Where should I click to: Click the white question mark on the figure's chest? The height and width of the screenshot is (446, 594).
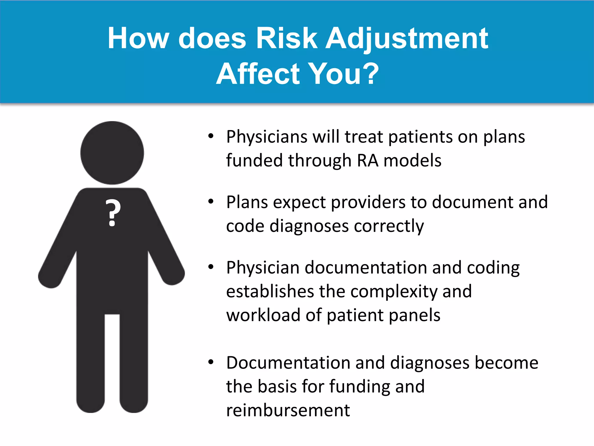point(113,213)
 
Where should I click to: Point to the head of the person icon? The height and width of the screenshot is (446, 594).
point(112,153)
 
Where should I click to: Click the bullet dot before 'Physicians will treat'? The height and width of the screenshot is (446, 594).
point(211,136)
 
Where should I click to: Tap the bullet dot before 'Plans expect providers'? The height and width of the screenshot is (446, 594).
point(211,201)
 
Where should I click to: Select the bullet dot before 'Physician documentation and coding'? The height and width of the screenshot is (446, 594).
point(211,267)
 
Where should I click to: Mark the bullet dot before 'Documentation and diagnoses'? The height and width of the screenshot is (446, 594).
point(211,362)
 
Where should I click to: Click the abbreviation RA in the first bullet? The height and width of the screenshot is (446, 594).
point(367,160)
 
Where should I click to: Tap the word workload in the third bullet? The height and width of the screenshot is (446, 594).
point(263,315)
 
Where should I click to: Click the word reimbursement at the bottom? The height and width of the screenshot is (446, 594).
point(288,410)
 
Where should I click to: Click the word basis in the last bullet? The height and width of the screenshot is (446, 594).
point(277,386)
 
